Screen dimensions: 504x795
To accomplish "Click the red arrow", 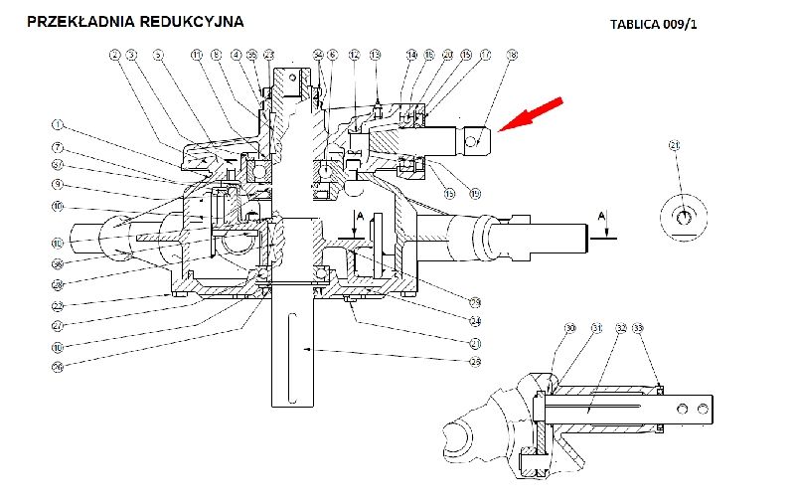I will point(532,114).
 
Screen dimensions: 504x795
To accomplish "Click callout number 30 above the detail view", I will point(570,328).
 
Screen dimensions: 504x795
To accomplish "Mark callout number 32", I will point(620,328).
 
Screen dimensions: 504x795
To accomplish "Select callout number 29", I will point(475,301).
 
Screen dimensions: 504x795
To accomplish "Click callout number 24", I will point(475,319).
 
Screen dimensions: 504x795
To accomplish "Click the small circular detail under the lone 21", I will point(684,217).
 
